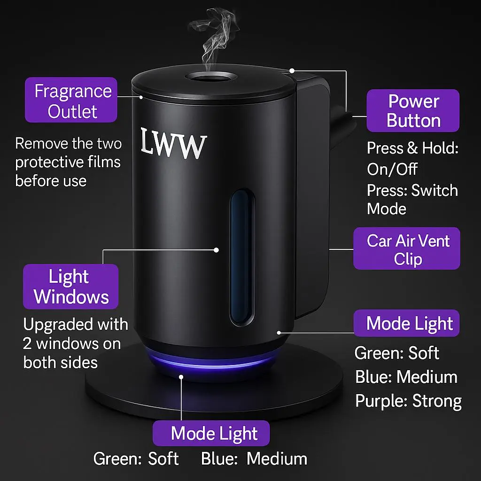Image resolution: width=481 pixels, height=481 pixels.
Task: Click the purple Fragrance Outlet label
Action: [x=71, y=100]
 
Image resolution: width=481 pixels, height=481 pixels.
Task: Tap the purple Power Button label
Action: [x=413, y=110]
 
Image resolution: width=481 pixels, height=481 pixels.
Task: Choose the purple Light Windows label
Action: [x=70, y=287]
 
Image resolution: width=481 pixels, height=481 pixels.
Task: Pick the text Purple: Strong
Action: [x=408, y=401]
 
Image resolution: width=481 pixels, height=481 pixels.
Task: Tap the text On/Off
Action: [x=392, y=169]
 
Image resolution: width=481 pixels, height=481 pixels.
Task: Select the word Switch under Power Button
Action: [x=434, y=190]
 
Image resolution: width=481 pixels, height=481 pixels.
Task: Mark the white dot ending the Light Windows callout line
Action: [x=217, y=250]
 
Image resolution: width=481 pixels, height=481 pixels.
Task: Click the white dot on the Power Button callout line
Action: [x=292, y=71]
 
